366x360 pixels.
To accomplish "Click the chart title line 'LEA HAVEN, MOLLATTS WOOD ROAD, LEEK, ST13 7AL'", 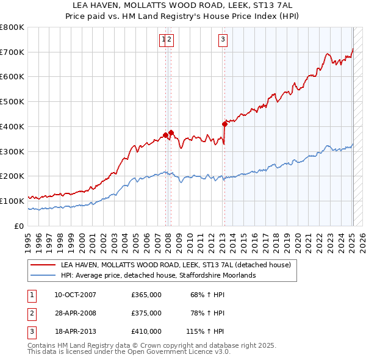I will click(183, 5).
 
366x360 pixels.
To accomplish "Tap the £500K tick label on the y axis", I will click(12, 102).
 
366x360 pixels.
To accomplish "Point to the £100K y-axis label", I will click(12, 201).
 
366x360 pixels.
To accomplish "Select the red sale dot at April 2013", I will click(224, 124).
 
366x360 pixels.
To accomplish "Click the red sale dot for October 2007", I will click(165, 135).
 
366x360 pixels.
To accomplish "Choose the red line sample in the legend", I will click(43, 265).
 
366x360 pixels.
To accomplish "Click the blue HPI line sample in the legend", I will click(43, 275).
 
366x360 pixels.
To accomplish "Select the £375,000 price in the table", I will click(146, 313).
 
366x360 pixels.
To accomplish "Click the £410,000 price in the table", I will click(146, 331).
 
